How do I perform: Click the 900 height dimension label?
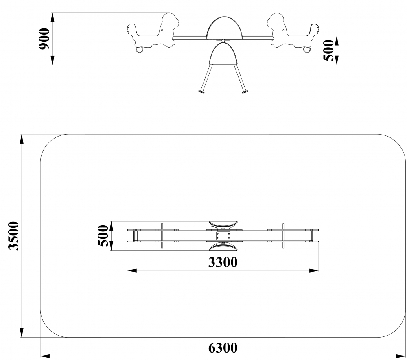(44, 39)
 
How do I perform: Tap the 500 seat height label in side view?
(328, 50)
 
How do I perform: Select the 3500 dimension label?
(14, 236)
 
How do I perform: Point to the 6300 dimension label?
(223, 348)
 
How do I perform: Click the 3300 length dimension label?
(223, 262)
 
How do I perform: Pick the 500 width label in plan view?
(103, 236)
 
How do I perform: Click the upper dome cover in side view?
(223, 29)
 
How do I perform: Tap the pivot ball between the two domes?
(223, 41)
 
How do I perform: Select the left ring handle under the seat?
(140, 50)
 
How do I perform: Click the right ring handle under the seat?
(307, 50)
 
